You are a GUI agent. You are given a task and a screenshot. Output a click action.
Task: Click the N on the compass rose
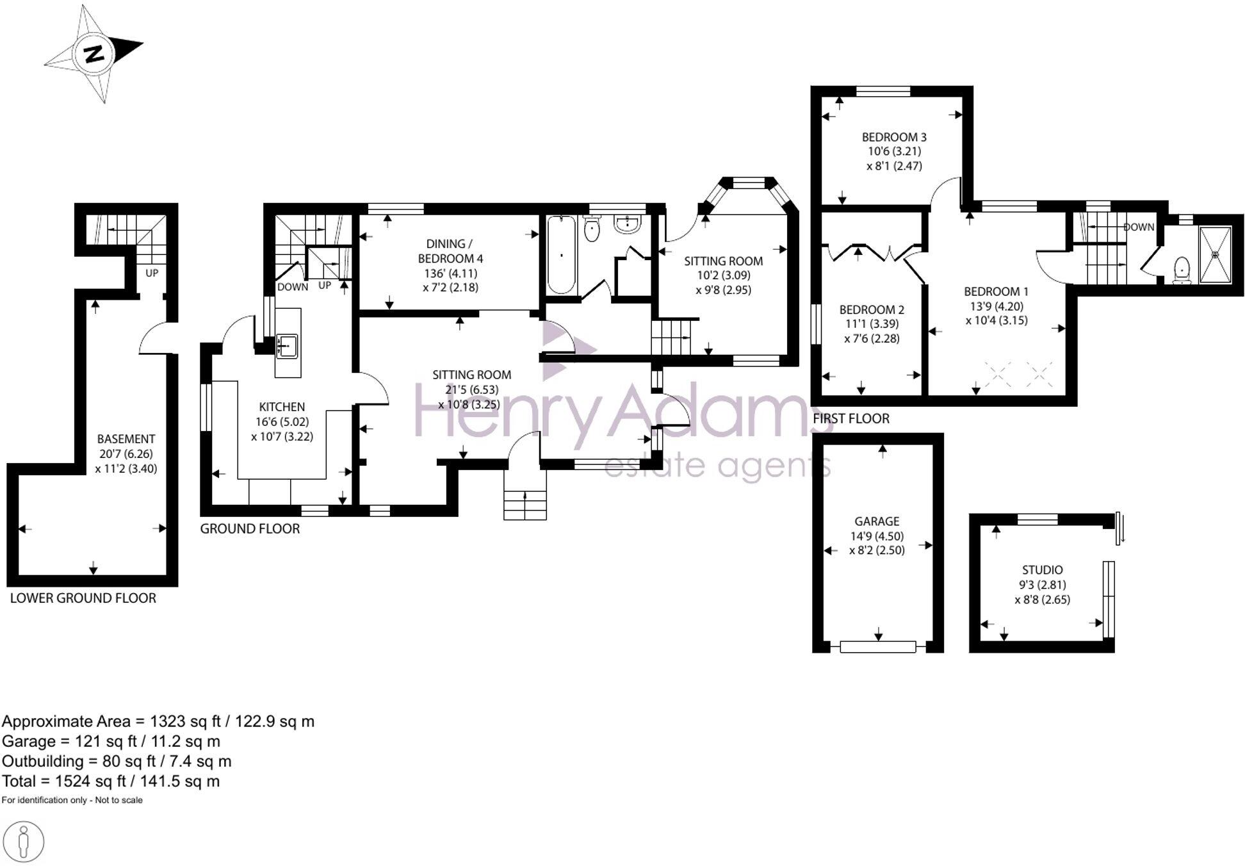95,54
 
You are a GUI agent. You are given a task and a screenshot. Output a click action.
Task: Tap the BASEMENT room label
126,439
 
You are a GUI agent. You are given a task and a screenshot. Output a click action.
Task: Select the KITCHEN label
282,407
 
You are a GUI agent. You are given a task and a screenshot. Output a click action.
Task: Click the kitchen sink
287,346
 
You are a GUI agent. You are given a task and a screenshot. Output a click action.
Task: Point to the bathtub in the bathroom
562,255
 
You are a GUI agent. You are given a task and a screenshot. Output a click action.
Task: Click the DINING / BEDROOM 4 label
450,251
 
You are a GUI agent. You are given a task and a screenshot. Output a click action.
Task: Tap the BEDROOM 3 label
894,137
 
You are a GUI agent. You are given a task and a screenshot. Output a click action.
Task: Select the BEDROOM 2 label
872,309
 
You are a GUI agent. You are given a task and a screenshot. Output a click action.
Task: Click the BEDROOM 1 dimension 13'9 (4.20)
997,306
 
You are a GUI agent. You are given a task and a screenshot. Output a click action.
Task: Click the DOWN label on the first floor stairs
1139,227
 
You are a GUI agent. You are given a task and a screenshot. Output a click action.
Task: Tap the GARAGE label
877,521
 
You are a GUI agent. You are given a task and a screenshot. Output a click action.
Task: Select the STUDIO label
1042,569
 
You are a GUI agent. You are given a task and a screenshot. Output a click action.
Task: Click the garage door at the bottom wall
877,646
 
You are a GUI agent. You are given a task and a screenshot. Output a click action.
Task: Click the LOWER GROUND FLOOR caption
83,598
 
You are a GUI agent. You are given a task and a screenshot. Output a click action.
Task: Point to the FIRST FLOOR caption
851,419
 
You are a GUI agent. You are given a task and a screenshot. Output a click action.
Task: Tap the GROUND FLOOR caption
250,529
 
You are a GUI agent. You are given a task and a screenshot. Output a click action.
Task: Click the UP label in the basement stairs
152,273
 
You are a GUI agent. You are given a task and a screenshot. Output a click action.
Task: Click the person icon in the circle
24,841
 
